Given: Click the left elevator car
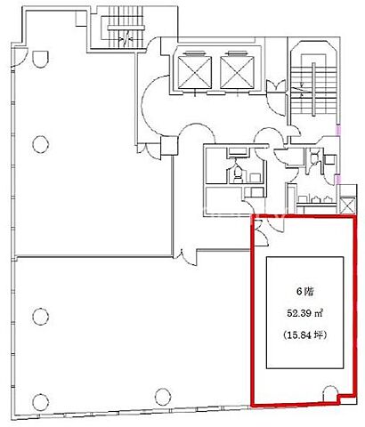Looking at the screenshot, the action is coord(195,72).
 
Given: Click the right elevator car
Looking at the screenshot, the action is coord(238,72).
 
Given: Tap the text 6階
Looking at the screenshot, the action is coord(305,292).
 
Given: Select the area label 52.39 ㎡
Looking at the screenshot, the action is coord(305,313).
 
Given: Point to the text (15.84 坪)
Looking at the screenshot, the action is coord(305,335).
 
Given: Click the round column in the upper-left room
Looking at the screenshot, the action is coord(40,144).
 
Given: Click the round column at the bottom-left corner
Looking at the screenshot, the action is coord(41,402).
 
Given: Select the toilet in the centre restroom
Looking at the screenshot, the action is coord(238,173).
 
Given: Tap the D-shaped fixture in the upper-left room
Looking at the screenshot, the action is coord(40,59).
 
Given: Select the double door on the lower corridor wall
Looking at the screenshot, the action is coord(184,256).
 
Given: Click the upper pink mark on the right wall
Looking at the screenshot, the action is coord(338,130).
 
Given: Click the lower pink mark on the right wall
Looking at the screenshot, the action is coord(338,179).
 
